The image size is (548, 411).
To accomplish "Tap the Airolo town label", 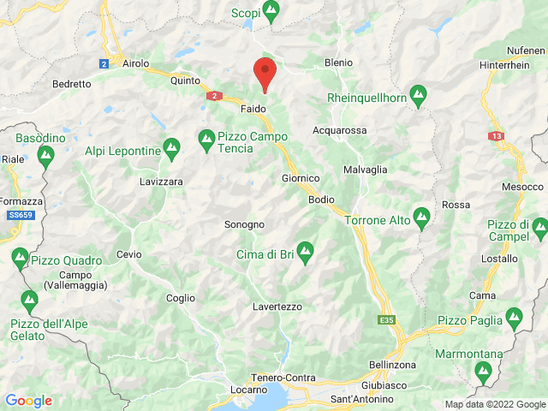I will pos(136,63).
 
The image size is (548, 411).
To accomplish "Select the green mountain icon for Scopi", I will pos(271,12).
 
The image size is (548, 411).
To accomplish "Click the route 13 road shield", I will pos(497,136).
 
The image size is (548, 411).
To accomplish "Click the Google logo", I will pos(28,400).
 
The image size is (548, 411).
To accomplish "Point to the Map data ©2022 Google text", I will pos(494,404).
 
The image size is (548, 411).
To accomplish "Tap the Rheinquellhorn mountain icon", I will pos(419,98).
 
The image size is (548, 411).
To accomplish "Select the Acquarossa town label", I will pos(340,130).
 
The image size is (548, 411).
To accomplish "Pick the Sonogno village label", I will pos(244,224).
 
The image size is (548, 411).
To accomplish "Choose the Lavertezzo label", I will pos(277,306).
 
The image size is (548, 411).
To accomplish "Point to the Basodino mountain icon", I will pos(45,155).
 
